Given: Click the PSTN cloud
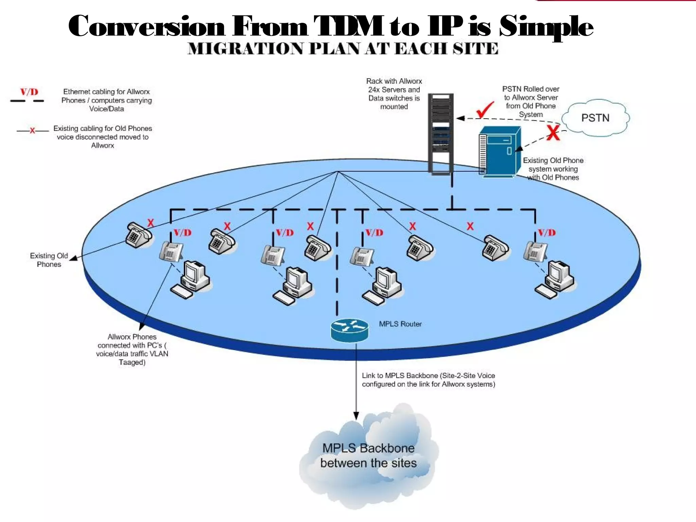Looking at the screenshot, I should (595, 118).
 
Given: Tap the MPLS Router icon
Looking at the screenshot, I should (349, 330).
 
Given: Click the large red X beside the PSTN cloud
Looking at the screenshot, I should (553, 133).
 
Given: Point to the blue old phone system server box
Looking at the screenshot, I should (500, 152).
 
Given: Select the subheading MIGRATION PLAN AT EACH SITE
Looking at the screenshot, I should (343, 49).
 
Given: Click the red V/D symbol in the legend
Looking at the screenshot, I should (29, 92).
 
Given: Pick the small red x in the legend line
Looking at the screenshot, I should (32, 130).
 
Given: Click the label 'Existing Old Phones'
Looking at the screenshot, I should (49, 260).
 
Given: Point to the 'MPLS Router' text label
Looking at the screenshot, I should (400, 324).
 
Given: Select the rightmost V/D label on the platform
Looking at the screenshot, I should (546, 233).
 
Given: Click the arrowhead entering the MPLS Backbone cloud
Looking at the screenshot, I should (356, 416).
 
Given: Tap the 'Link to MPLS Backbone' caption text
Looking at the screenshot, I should (428, 380).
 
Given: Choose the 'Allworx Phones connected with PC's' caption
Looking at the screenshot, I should (132, 349).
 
